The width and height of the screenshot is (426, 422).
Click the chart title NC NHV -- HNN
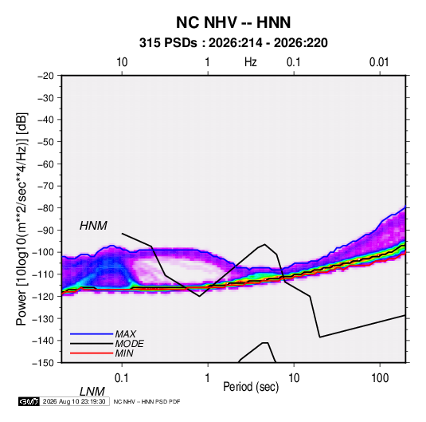[x=233, y=22]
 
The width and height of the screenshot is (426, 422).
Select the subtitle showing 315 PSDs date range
[x=233, y=43]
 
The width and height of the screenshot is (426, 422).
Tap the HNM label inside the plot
[x=93, y=226]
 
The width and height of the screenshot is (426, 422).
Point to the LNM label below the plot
[x=92, y=392]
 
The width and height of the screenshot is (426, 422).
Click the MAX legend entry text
[x=125, y=333]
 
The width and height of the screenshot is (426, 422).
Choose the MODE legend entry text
[x=129, y=344]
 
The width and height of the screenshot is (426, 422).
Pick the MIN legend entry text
[x=124, y=353]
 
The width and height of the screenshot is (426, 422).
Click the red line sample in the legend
[x=92, y=353]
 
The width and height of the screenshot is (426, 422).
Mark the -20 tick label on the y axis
[x=45, y=76]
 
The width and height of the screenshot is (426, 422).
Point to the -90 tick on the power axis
[x=45, y=231]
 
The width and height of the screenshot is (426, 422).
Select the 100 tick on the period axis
[x=380, y=378]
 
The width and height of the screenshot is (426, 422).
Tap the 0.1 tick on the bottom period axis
[x=122, y=378]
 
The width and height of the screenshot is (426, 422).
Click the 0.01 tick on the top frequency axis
[x=379, y=62]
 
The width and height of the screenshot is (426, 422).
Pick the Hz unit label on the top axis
[x=251, y=62]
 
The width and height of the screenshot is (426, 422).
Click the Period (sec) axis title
[x=251, y=387]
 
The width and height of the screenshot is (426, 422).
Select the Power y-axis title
[x=21, y=219]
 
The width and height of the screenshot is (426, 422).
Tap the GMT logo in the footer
[x=29, y=401]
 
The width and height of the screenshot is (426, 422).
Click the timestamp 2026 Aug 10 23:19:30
[x=74, y=401]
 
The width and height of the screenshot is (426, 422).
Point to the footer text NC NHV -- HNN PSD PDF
[x=147, y=401]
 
